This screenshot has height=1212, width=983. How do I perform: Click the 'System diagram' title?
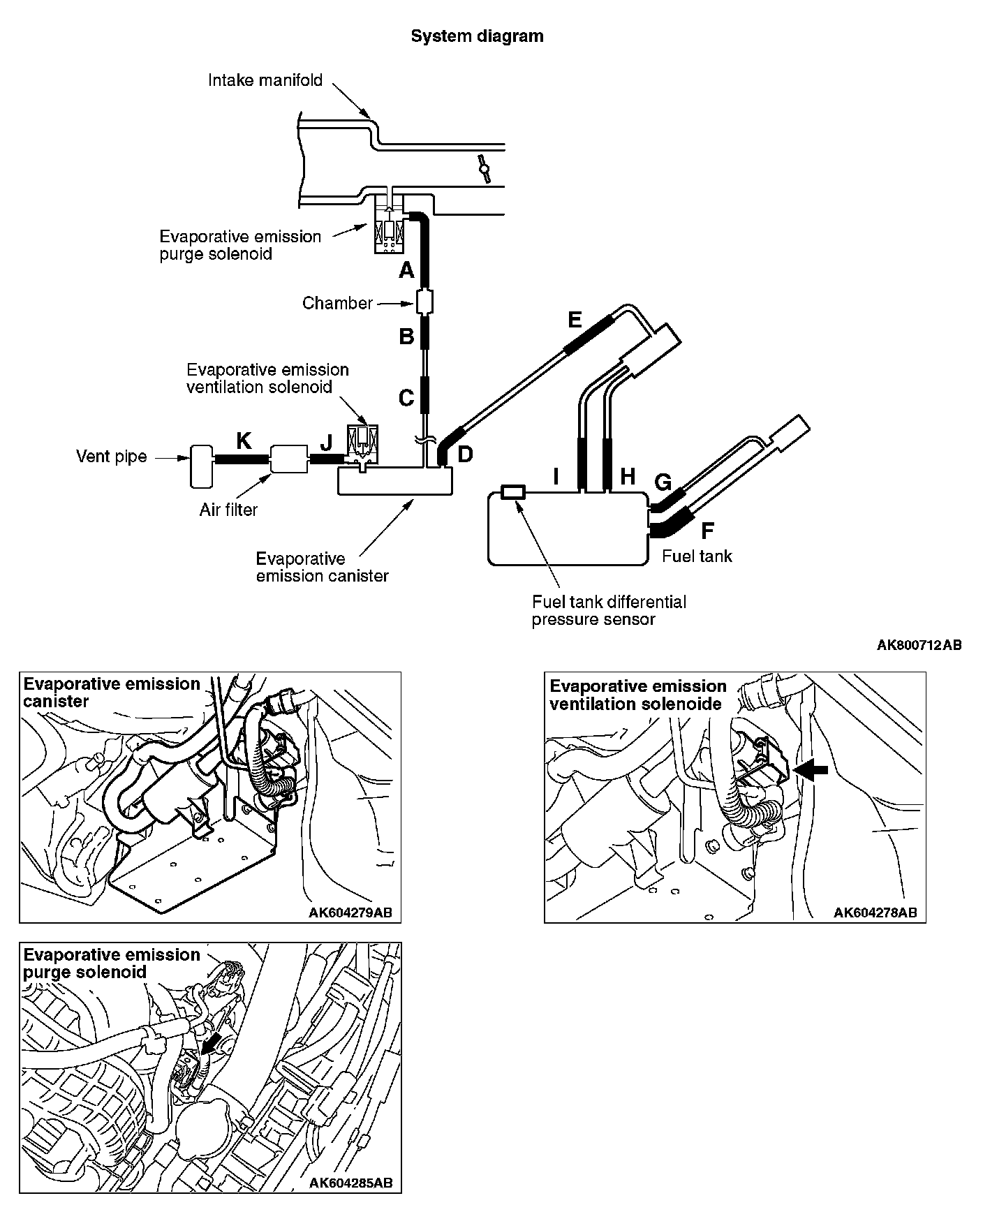pyautogui.click(x=477, y=36)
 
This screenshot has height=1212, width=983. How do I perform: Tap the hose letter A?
pyautogui.click(x=406, y=269)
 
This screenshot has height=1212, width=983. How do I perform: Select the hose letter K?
pyautogui.click(x=244, y=440)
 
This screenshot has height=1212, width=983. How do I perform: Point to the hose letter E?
pyautogui.click(x=575, y=320)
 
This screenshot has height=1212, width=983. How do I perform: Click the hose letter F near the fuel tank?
pyautogui.click(x=707, y=531)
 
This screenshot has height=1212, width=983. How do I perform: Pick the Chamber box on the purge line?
pyautogui.click(x=424, y=303)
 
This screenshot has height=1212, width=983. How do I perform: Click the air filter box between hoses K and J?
pyautogui.click(x=288, y=459)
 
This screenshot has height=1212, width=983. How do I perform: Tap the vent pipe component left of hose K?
pyautogui.click(x=200, y=466)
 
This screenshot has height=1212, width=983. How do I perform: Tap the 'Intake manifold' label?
pyautogui.click(x=265, y=80)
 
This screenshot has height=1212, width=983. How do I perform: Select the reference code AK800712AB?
pyautogui.click(x=919, y=645)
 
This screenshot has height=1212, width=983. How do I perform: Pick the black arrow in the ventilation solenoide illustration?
pyautogui.click(x=811, y=769)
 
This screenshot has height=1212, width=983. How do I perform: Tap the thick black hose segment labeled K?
pyautogui.click(x=241, y=459)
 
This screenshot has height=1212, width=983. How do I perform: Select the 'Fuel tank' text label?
pyautogui.click(x=697, y=556)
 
